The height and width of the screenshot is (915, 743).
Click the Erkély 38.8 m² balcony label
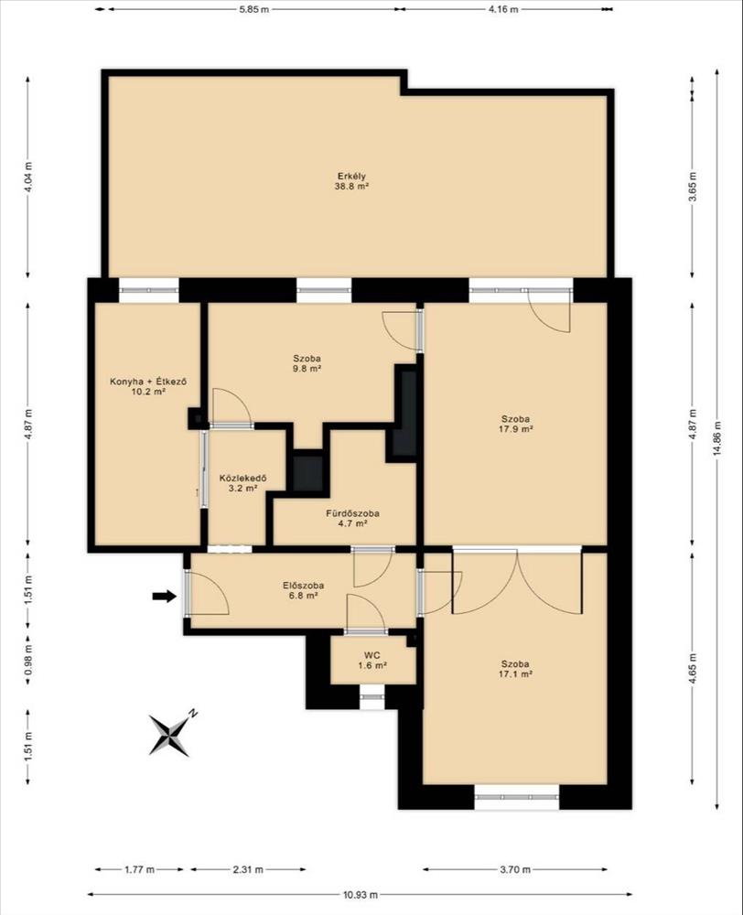[x=351, y=181]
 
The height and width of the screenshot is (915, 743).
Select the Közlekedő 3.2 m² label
[x=242, y=483]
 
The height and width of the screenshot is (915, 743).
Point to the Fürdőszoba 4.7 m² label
[x=352, y=518]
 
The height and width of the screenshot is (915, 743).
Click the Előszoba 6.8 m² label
[x=304, y=590]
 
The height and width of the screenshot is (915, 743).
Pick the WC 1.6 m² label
[x=371, y=660]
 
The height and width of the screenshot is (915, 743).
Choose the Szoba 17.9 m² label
[x=515, y=424]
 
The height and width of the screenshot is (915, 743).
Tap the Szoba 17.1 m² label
[x=515, y=669]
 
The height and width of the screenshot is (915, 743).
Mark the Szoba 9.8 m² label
[x=307, y=363]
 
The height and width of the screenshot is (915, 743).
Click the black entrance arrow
[x=164, y=596]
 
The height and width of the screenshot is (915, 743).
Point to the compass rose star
[x=169, y=736]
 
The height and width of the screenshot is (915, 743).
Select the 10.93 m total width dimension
[x=361, y=894]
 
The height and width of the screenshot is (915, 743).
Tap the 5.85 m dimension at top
[x=253, y=9]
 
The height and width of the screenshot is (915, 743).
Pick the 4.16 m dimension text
[x=503, y=9]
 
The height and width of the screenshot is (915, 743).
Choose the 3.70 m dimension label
[x=515, y=869]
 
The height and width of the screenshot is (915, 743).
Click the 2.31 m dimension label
[x=248, y=869]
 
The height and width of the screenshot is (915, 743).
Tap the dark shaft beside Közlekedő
[x=307, y=473]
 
